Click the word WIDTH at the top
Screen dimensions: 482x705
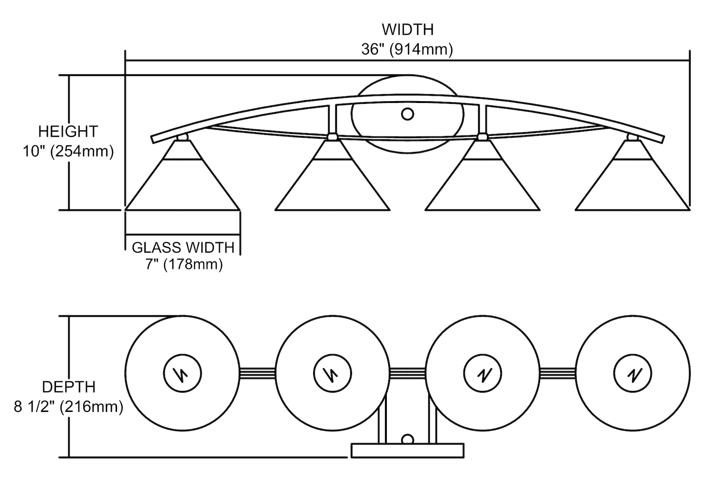tap(407, 29)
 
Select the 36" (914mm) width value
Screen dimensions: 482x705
tap(407, 49)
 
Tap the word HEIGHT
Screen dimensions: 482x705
tap(68, 131)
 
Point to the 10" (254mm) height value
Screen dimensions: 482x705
tap(68, 151)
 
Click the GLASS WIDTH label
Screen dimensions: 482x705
tap(183, 247)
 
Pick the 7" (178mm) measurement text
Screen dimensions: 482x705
tap(183, 264)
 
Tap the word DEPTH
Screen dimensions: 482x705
tap(69, 387)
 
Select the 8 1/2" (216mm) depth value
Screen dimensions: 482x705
tap(69, 406)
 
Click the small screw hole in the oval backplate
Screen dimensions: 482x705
tap(407, 114)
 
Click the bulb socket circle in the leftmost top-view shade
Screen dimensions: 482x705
tap(182, 374)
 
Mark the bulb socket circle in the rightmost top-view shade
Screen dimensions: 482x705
tap(633, 374)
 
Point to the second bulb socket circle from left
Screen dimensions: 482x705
tap(332, 374)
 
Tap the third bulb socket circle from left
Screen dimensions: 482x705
tap(482, 374)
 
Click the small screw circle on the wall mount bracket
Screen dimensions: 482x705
tap(407, 440)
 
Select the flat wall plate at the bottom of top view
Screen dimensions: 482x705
tap(408, 450)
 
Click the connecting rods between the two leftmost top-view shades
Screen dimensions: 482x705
tap(258, 373)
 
